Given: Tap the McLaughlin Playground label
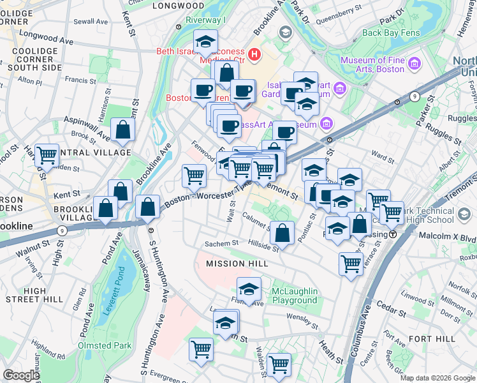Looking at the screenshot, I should [x=294, y=296].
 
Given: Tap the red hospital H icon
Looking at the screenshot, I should [x=255, y=54].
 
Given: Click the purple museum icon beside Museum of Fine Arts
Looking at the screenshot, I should [x=415, y=64].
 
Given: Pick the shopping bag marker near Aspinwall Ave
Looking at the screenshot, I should [x=122, y=130].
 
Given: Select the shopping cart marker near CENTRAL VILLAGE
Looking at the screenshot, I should [x=47, y=155].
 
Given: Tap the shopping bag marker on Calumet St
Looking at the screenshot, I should [x=282, y=233].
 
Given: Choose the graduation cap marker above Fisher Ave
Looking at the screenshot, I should [x=249, y=289].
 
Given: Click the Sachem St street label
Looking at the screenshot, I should [x=221, y=243].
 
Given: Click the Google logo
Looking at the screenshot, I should [x=21, y=375].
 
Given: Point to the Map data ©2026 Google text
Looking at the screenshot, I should [x=437, y=378].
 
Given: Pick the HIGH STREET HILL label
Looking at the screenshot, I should [x=34, y=295].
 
